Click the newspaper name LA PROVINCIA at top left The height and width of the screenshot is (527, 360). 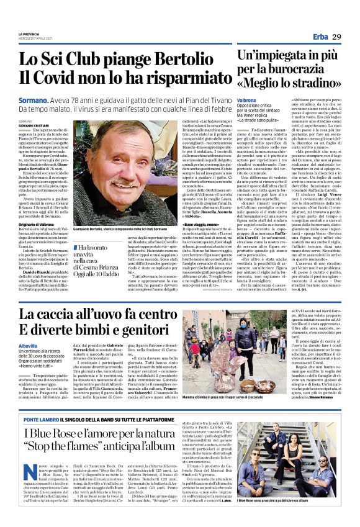coord(29,32)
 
